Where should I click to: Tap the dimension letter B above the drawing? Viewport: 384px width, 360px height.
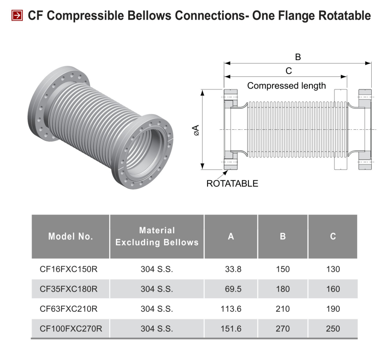click(298, 57)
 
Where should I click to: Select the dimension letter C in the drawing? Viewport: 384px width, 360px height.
click(288, 71)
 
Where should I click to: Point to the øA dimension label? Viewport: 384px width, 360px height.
click(196, 130)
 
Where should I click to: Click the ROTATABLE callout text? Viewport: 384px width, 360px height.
click(232, 184)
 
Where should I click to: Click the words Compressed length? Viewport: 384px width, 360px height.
click(287, 86)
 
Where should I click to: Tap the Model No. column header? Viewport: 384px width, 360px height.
click(71, 236)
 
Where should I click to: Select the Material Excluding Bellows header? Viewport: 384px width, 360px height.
click(157, 236)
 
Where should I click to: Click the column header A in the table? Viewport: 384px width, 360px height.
click(231, 236)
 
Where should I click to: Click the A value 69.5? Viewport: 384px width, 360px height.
click(233, 289)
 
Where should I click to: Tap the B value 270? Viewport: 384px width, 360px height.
click(283, 328)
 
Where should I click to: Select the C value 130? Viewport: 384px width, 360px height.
click(333, 269)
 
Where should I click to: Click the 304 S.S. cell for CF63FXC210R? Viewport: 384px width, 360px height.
click(157, 309)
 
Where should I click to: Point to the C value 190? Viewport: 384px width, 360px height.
click(333, 309)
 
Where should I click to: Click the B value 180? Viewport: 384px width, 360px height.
click(283, 289)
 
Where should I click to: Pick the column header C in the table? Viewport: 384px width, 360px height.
click(333, 236)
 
